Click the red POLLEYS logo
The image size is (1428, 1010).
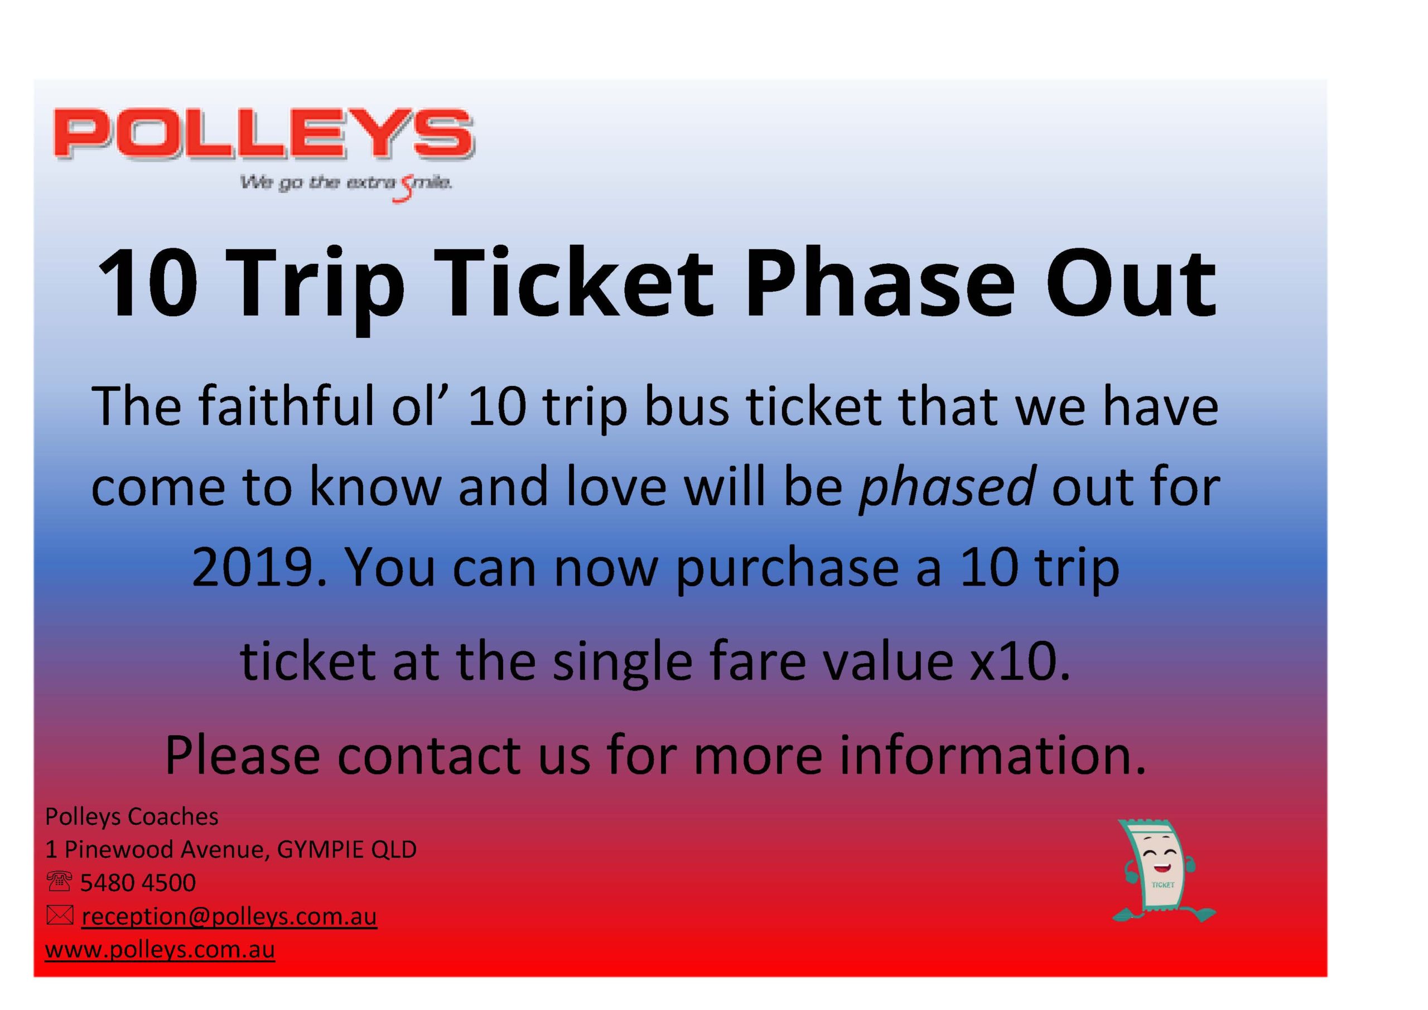click(264, 134)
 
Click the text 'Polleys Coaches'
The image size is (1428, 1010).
click(131, 816)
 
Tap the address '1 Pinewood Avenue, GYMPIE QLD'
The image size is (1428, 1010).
click(231, 849)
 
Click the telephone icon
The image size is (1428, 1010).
click(59, 881)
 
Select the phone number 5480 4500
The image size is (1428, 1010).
click(138, 882)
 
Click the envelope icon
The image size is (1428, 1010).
click(60, 915)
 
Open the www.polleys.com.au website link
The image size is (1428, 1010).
click(160, 950)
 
